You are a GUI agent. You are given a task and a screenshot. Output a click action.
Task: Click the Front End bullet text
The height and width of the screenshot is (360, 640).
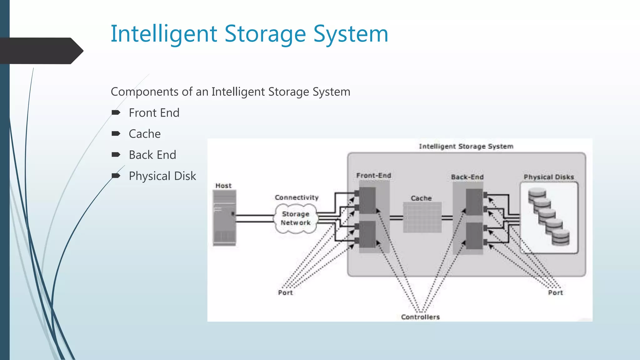[x=154, y=113]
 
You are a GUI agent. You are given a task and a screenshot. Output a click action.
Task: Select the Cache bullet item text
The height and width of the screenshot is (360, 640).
[x=145, y=134]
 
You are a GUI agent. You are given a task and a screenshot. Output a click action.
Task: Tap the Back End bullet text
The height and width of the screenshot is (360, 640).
[x=152, y=155]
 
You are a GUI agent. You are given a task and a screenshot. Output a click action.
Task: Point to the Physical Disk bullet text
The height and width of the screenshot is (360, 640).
[x=162, y=176]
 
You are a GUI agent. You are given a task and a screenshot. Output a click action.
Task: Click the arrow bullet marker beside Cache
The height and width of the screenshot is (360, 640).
[x=116, y=134]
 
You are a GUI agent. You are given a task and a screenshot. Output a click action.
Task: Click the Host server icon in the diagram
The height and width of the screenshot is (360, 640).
[x=224, y=218]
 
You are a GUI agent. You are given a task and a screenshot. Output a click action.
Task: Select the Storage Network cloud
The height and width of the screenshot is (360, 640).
[x=296, y=218]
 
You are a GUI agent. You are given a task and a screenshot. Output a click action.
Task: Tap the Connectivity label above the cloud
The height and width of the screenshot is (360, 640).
[x=297, y=197]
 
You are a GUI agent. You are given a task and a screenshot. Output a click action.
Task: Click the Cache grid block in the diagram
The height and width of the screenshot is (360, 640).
[x=422, y=217]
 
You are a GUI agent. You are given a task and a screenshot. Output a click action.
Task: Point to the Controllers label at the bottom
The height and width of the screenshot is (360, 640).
[x=420, y=317]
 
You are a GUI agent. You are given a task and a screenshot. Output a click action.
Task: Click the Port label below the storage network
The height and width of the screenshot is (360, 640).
[x=285, y=293]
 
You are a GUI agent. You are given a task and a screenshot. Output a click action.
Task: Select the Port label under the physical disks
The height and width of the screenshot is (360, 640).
[x=555, y=293]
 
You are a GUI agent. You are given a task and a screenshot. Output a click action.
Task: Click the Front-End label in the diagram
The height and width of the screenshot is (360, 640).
[x=374, y=176]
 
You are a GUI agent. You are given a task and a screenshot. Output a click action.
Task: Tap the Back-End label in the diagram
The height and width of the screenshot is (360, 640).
[x=467, y=177]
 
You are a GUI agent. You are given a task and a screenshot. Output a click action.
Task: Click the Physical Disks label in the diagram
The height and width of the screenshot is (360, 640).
[x=549, y=177]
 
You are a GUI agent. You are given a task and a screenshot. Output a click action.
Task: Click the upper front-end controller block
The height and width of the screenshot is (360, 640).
[x=367, y=201]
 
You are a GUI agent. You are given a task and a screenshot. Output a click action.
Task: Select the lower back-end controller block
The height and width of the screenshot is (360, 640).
[x=474, y=236]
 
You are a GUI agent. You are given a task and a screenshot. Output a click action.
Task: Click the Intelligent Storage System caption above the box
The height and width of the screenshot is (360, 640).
[x=466, y=146]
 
